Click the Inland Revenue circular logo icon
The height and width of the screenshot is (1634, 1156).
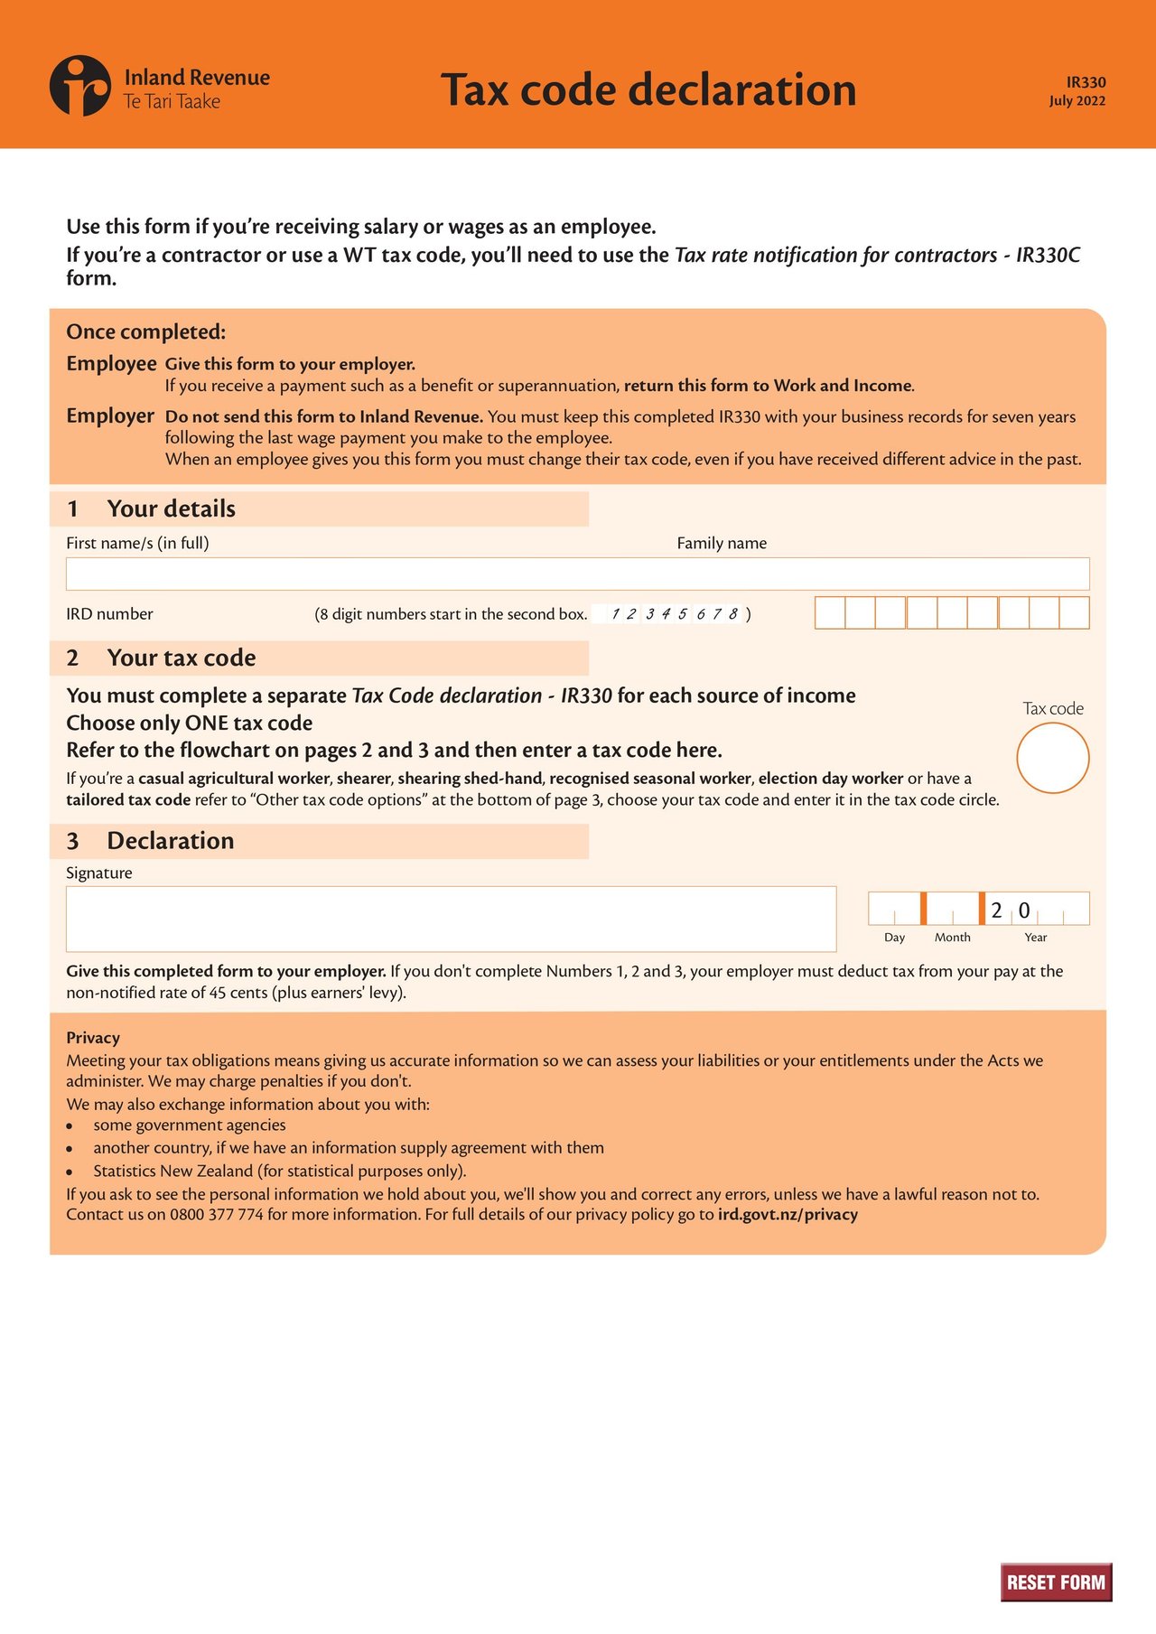click(80, 86)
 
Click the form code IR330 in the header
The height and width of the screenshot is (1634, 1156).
click(1086, 82)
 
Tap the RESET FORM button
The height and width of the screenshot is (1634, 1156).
click(1056, 1582)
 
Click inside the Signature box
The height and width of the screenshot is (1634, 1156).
click(451, 919)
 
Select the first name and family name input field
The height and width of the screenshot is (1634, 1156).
click(577, 574)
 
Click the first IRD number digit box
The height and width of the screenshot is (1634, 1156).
click(830, 612)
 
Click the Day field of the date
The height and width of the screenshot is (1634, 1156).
click(894, 909)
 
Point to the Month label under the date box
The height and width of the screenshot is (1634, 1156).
click(952, 938)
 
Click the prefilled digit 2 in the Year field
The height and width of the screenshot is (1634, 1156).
click(997, 910)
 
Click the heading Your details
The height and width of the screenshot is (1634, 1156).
click(171, 509)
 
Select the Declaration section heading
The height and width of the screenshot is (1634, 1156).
click(170, 841)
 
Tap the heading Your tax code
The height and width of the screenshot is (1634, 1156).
click(181, 658)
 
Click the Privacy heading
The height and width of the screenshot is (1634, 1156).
click(93, 1038)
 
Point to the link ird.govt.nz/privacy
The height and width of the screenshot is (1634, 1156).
click(788, 1215)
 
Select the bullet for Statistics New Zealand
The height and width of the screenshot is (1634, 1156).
click(69, 1172)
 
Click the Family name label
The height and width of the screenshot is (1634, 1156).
click(722, 543)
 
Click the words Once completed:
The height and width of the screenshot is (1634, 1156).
click(145, 331)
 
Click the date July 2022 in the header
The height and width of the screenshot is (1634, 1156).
click(1077, 101)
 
